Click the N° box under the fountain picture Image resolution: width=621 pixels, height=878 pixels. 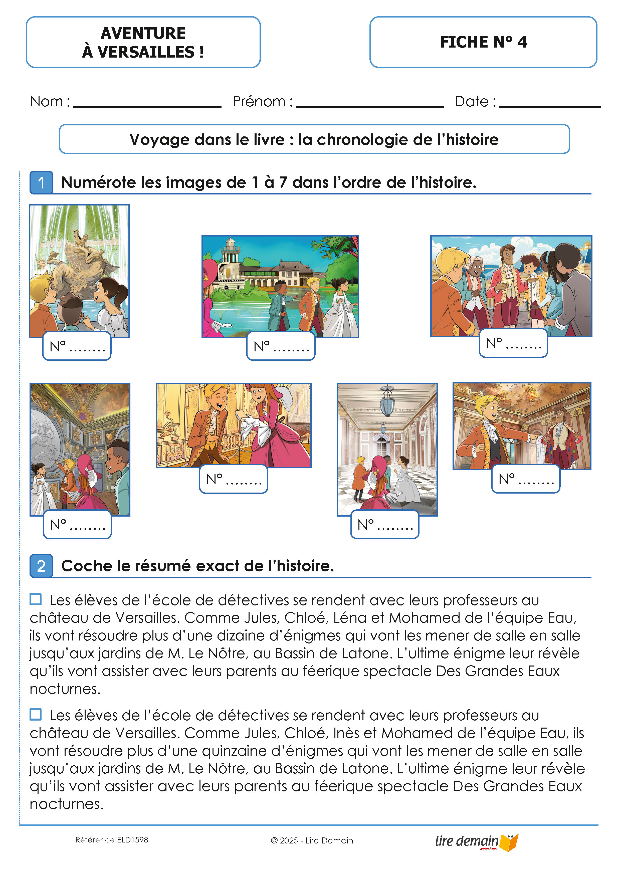pyautogui.click(x=77, y=346)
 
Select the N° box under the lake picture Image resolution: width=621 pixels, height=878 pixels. pyautogui.click(x=281, y=346)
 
